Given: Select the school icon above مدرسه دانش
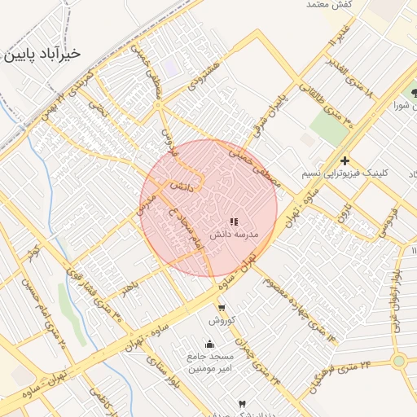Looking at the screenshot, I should [234, 221].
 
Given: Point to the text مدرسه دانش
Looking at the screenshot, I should [234, 235].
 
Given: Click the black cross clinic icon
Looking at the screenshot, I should [345, 161].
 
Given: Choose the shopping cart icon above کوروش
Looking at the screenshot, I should [222, 307].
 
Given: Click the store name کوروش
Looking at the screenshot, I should [222, 319].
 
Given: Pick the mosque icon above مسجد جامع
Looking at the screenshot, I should [210, 344].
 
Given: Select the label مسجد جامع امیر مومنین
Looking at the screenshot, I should [211, 362].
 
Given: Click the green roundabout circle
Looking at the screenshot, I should [398, 361].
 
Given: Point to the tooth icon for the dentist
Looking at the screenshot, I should [242, 404].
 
